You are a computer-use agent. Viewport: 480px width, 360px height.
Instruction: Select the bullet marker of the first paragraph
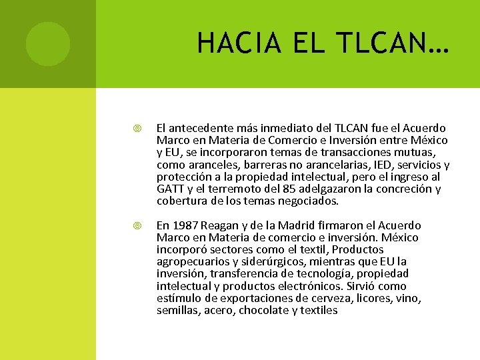(137, 128)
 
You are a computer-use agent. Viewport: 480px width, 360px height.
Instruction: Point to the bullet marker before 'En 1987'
(137, 225)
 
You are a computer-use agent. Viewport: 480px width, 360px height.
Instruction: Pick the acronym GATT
(170, 189)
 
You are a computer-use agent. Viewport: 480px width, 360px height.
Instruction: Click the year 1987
(185, 225)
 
